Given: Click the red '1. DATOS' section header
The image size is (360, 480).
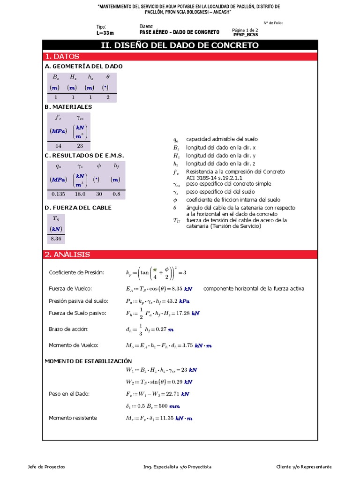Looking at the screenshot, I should (62, 56).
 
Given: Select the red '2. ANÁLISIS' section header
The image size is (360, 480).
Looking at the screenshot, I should (67, 255).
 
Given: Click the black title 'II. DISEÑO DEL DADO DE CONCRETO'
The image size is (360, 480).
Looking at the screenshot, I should (180, 45).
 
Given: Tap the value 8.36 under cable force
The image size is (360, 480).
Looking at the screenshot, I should (56, 239).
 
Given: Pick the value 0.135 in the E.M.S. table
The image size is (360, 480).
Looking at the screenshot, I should (58, 194).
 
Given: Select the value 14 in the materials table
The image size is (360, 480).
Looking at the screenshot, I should (59, 146).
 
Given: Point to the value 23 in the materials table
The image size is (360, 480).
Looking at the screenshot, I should (80, 146).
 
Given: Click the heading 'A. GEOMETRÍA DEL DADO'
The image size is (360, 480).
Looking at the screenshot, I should (83, 67).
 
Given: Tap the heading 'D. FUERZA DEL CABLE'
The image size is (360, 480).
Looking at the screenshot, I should (78, 208).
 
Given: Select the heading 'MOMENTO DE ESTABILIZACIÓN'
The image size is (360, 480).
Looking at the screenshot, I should (88, 361).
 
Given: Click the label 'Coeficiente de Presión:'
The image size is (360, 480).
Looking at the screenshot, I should (76, 273).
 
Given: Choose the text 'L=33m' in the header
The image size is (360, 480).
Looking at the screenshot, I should (105, 33).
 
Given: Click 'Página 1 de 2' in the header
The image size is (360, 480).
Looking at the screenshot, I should (245, 30).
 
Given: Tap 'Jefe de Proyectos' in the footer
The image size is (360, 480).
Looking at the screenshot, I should (47, 467).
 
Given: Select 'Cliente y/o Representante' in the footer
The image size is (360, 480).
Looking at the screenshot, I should (304, 467).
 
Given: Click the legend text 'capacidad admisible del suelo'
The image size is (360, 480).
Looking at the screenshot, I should (222, 139).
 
